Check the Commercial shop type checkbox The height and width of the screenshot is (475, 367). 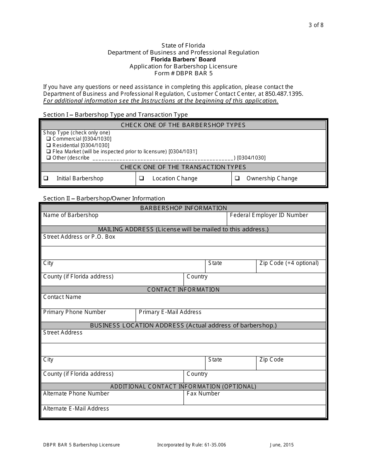pos(49,139)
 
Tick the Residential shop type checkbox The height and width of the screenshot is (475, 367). pos(49,145)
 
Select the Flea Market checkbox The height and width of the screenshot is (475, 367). pos(49,151)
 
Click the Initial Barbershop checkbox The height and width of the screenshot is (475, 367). pos(46,178)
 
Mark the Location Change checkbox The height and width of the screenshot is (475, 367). pos(141,178)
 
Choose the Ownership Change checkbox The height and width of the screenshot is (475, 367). pos(238,178)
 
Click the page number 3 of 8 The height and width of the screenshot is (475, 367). pos(316,25)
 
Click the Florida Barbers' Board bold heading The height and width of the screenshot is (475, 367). pos(183,59)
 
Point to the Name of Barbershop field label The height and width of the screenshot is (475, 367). pos(71,215)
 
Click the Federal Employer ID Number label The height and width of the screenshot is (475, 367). pos(269,215)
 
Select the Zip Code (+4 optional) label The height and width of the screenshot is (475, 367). pos(289,263)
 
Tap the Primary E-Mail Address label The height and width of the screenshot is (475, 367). pos(170,312)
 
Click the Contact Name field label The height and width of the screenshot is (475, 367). pos(62,297)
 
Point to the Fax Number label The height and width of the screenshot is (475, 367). pos(203,394)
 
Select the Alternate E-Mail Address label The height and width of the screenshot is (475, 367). pos(76,409)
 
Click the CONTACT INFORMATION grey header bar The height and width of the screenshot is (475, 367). pos(183,290)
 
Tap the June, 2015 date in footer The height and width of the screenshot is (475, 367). pos(282,445)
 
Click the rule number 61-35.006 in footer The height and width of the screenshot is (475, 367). pos(212,445)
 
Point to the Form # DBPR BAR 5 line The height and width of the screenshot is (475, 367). pos(183,73)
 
